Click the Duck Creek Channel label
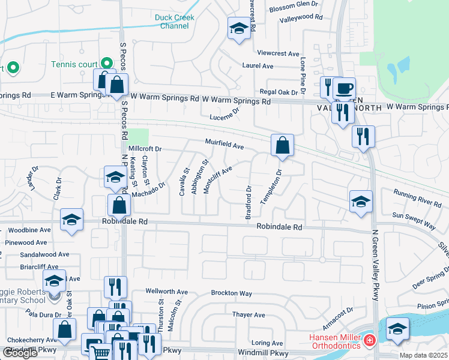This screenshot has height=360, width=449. click(175, 22)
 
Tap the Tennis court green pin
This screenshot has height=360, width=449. click(106, 62)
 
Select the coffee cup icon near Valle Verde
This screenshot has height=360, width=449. click(345, 89)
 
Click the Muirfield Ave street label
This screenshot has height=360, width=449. click(224, 145)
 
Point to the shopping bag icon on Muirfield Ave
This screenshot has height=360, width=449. click(282, 145)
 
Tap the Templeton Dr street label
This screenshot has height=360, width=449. click(271, 187)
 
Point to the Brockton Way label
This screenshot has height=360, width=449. click(231, 293)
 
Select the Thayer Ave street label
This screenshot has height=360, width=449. click(249, 314)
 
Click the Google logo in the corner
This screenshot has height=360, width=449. click(20, 353)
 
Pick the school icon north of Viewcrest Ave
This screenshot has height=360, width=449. click(238, 28)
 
